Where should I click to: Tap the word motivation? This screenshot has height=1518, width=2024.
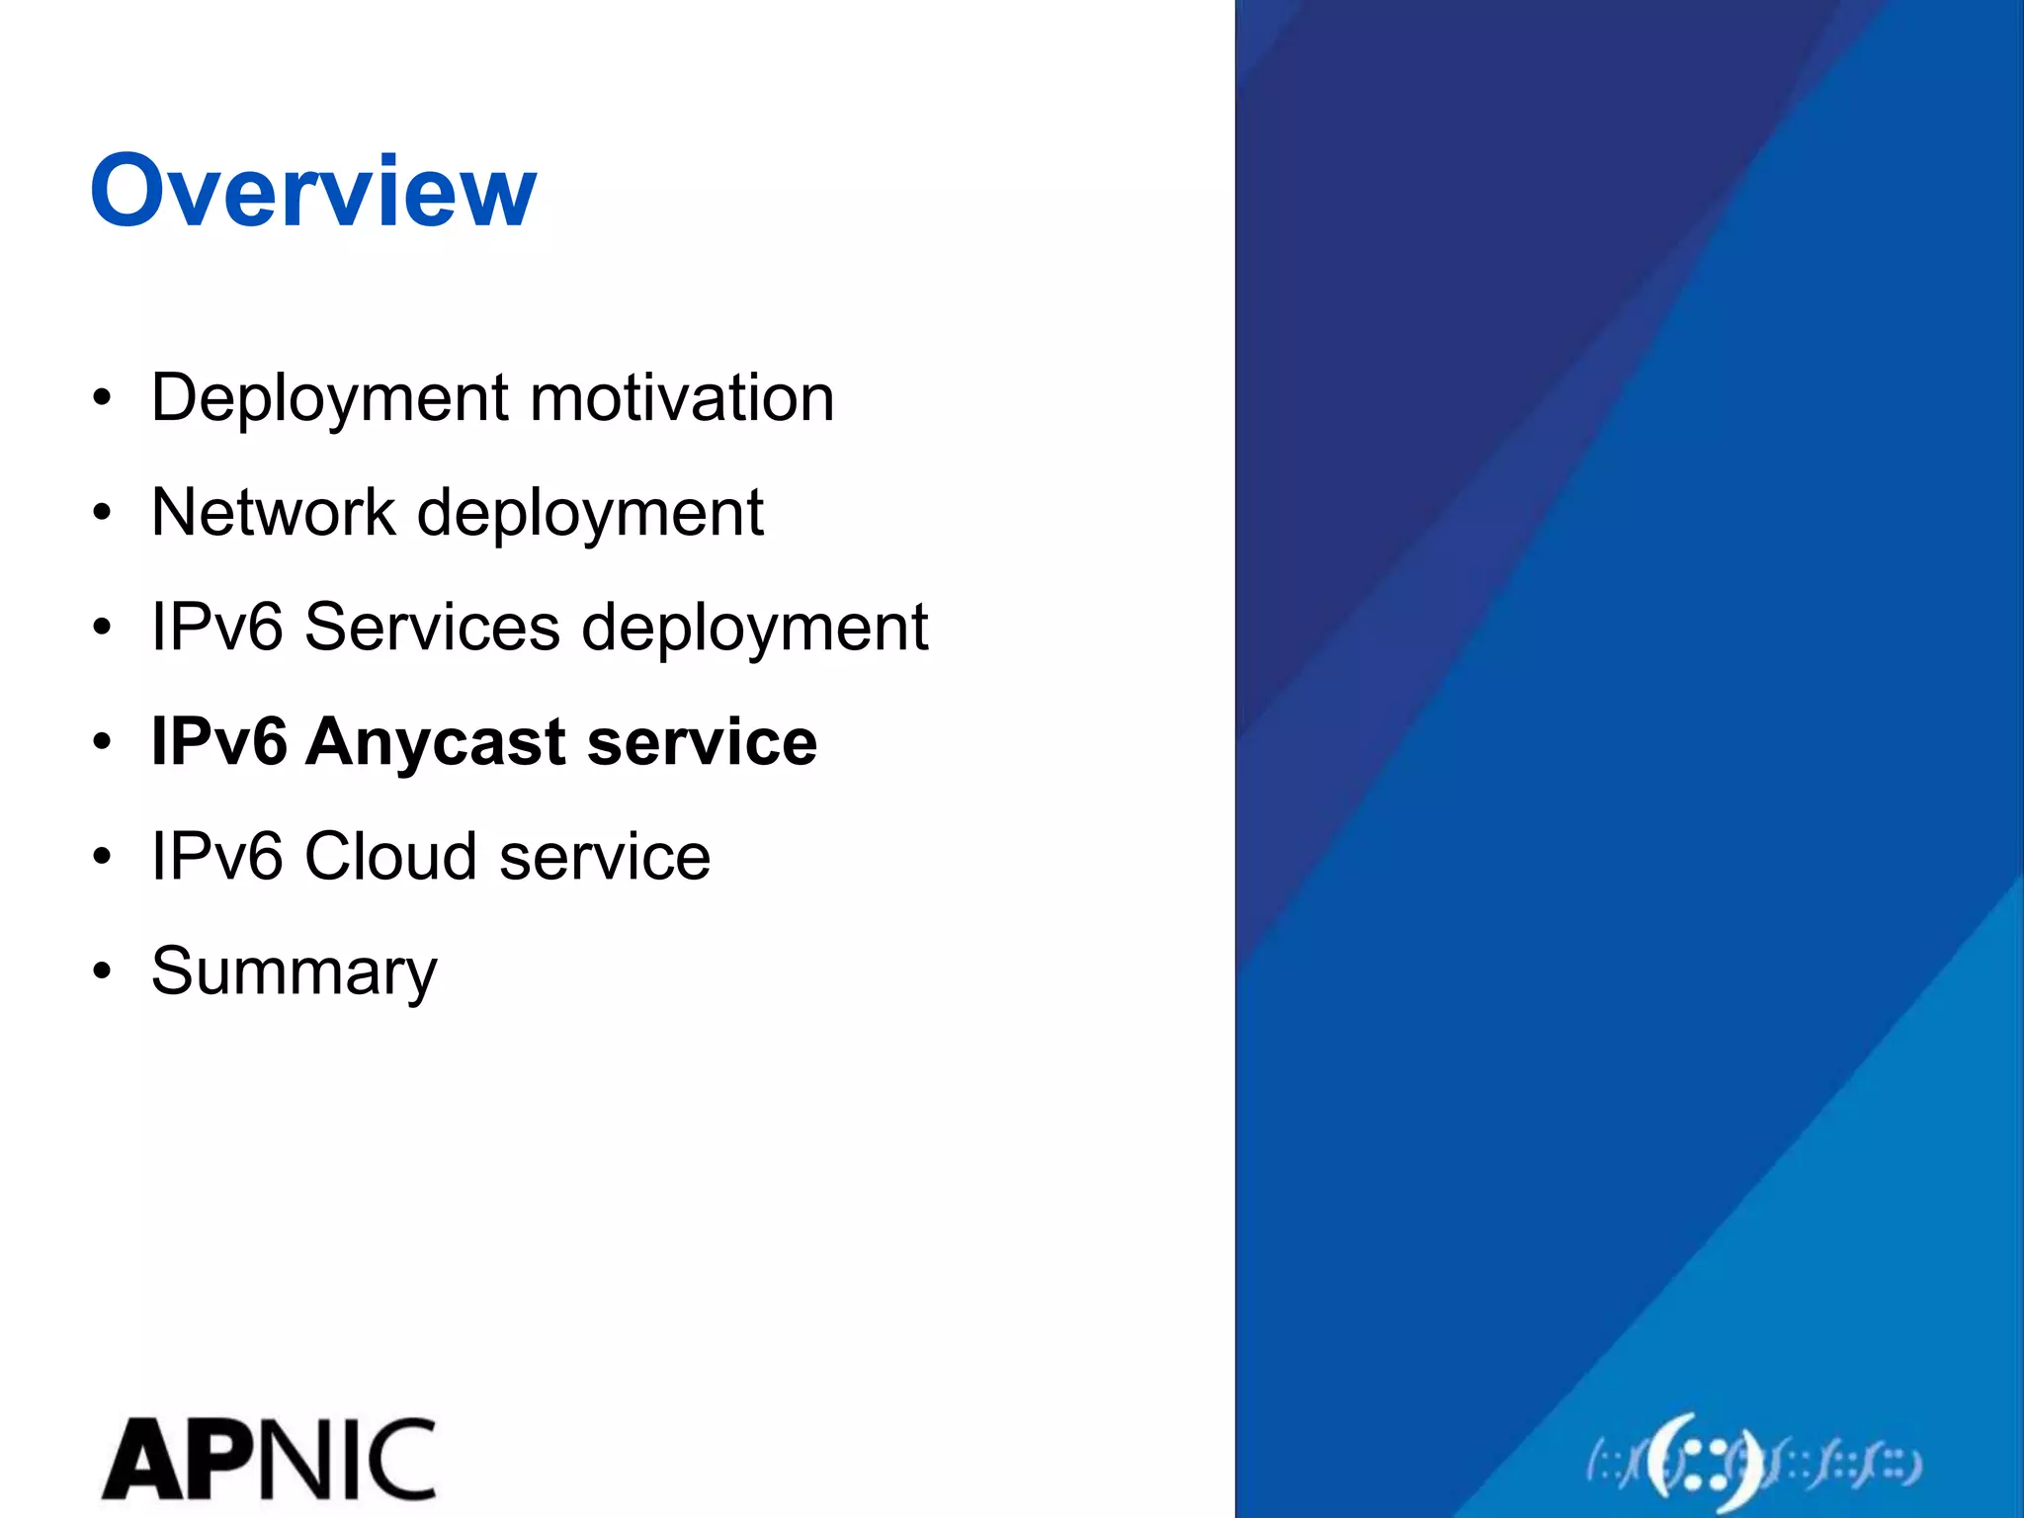pos(682,397)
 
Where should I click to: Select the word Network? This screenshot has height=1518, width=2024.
pos(273,512)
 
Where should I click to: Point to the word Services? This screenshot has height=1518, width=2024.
pos(432,627)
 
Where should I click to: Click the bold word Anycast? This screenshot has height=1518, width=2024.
pos(435,743)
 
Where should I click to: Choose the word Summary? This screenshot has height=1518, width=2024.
pos(294,972)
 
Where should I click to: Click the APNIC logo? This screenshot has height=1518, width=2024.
pos(269,1459)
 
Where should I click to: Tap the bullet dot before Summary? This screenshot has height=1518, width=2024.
pos(102,971)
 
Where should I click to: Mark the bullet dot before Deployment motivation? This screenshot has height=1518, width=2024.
pos(102,398)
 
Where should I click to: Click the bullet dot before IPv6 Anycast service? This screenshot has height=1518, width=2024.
pos(102,742)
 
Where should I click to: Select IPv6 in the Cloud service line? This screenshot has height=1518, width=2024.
pos(216,856)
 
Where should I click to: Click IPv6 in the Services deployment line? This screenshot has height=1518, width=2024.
pos(216,627)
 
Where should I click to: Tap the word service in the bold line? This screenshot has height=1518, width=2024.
pos(702,742)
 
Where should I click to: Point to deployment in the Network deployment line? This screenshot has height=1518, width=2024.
pos(590,514)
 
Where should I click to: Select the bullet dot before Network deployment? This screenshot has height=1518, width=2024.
pos(102,513)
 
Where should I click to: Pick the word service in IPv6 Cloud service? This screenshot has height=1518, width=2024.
pos(604,856)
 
